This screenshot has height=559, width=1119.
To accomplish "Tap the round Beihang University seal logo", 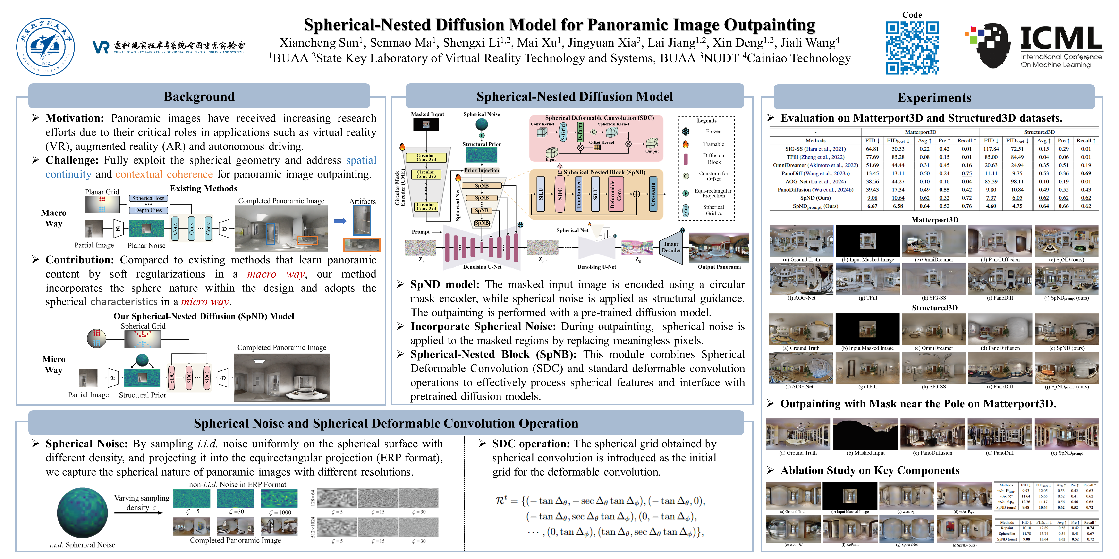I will (46, 47).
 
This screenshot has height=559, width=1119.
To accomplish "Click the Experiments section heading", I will (934, 98).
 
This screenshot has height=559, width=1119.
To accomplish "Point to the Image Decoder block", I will (671, 247).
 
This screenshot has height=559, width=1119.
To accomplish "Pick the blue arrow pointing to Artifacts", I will (340, 221).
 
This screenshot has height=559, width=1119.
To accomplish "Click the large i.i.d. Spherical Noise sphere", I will (83, 513).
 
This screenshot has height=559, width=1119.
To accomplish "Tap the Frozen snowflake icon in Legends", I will (686, 131).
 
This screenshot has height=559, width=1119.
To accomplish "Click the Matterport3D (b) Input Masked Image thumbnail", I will (867, 241).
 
